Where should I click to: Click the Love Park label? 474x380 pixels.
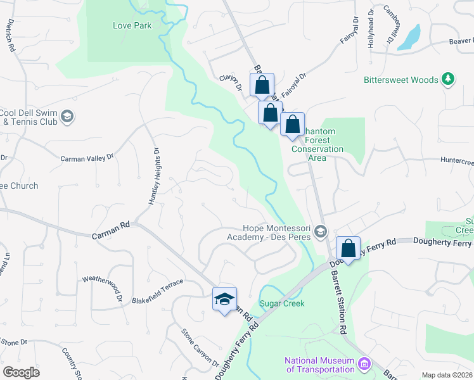pyautogui.click(x=132, y=26)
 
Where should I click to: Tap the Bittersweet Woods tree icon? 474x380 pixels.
pyautogui.click(x=449, y=79)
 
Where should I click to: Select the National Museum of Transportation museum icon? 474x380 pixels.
pyautogui.click(x=364, y=364)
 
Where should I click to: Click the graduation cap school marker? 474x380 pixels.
pyautogui.click(x=224, y=299)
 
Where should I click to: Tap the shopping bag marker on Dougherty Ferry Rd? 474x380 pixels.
pyautogui.click(x=348, y=249)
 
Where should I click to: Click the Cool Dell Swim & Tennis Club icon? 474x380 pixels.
pyautogui.click(x=68, y=117)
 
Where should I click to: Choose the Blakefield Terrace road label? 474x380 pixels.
pyautogui.click(x=157, y=291)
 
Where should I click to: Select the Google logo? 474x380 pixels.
pyautogui.click(x=21, y=372)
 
